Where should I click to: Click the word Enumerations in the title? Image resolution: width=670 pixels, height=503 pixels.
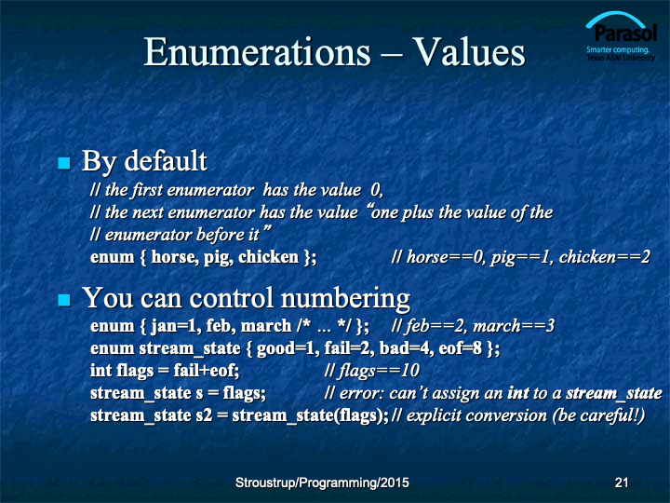(257, 52)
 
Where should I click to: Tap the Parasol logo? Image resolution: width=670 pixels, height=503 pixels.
(621, 36)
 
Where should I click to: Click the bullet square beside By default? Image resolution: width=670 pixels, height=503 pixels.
(64, 163)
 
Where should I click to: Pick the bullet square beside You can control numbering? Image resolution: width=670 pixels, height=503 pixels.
(64, 300)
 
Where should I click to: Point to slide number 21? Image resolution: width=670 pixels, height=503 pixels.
(622, 483)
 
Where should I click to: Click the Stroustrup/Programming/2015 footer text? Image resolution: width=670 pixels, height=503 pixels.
(322, 483)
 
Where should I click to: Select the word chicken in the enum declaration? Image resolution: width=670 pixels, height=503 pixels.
(268, 257)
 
